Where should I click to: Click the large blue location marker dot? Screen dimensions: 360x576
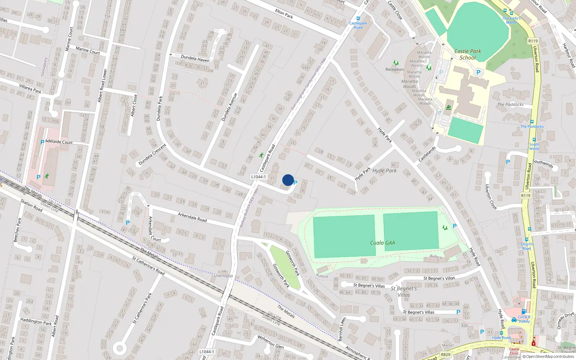click(x=288, y=180)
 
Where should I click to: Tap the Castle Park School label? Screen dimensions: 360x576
click(x=468, y=54)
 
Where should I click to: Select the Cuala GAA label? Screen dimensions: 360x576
click(x=382, y=243)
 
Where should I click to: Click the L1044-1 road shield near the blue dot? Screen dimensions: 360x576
click(x=258, y=177)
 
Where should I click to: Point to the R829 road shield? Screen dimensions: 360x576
click(x=446, y=355)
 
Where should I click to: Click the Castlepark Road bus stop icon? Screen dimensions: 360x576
click(x=358, y=18)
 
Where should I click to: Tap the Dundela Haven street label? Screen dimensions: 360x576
click(x=195, y=58)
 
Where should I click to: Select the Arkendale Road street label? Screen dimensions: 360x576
click(x=192, y=217)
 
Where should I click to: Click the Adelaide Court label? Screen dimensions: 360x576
click(x=59, y=142)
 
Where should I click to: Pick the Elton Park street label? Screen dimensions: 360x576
click(x=284, y=14)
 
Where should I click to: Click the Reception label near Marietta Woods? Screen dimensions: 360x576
click(x=395, y=69)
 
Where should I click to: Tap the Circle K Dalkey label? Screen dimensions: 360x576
click(x=524, y=319)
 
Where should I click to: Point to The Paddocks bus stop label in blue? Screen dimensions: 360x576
click(x=532, y=126)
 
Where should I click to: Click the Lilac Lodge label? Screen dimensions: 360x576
click(x=224, y=275)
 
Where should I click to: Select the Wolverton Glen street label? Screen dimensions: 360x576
click(x=270, y=342)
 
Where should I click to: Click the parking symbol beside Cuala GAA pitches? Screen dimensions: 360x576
click(x=455, y=226)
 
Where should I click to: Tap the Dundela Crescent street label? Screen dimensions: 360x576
click(x=152, y=154)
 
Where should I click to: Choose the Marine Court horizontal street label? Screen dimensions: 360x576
click(x=88, y=50)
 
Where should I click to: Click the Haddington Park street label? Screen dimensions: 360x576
click(x=36, y=321)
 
